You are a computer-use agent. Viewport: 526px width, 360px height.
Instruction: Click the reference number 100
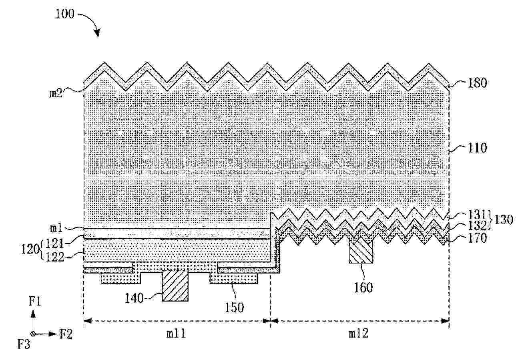pyautogui.click(x=65, y=14)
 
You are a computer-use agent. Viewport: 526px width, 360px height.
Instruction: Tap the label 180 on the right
pyautogui.click(x=478, y=83)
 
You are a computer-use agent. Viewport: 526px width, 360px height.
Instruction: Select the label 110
pyautogui.click(x=478, y=148)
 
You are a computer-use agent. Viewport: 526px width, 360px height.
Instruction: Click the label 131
pyautogui.click(x=477, y=214)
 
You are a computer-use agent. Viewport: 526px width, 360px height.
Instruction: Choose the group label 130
pyautogui.click(x=504, y=220)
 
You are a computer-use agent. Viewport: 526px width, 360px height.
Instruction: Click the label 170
pyautogui.click(x=478, y=238)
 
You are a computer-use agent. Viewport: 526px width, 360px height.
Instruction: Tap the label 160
pyautogui.click(x=363, y=288)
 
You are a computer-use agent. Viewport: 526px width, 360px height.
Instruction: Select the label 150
pyautogui.click(x=234, y=308)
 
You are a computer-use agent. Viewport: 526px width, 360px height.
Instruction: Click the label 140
pyautogui.click(x=134, y=299)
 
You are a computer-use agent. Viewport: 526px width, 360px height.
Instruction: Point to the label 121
pyautogui.click(x=54, y=243)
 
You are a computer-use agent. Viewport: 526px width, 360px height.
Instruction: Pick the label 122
pyautogui.click(x=54, y=257)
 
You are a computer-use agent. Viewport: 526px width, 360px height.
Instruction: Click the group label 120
pyautogui.click(x=30, y=249)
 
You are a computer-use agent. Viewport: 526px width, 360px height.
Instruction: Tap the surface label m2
pyautogui.click(x=56, y=94)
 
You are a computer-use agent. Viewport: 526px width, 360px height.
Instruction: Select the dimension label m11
pyautogui.click(x=176, y=334)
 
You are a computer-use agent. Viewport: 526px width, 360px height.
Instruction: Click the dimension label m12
pyautogui.click(x=359, y=334)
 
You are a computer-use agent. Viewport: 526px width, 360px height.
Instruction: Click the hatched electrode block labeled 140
pyautogui.click(x=175, y=286)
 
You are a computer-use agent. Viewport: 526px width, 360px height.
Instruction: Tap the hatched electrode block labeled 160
pyautogui.click(x=361, y=250)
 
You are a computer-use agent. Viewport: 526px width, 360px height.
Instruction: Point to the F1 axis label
pyautogui.click(x=35, y=301)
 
